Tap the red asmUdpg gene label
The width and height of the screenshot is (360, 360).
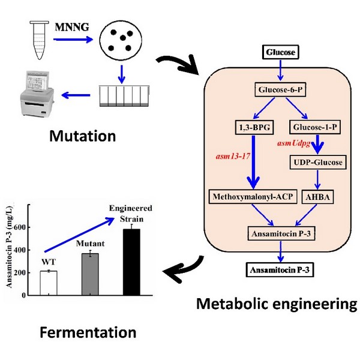click(x=296, y=145)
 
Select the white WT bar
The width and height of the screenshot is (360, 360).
click(x=48, y=283)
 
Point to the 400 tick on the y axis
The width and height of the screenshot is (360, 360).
click(x=23, y=250)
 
